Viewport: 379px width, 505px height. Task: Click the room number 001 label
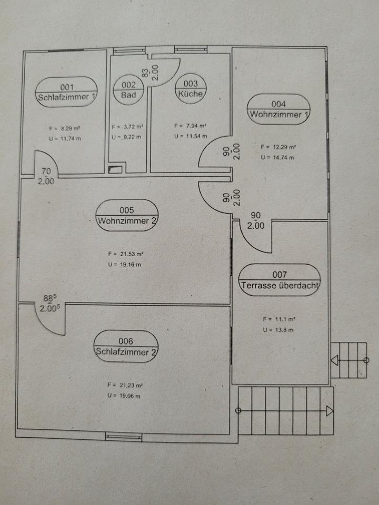click(x=67, y=87)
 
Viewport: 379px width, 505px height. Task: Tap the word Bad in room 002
click(x=128, y=95)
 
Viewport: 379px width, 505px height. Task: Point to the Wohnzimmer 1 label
click(x=279, y=114)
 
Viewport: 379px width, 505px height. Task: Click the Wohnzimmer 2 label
click(x=127, y=221)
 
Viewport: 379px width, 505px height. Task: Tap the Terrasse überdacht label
click(x=280, y=286)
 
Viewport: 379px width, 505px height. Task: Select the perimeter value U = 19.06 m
click(x=124, y=396)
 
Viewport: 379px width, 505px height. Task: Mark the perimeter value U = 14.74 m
click(x=277, y=157)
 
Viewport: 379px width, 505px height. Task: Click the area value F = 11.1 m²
click(x=279, y=319)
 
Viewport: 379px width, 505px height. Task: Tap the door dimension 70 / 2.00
click(x=46, y=176)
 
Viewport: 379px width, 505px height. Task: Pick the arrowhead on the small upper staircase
click(x=334, y=360)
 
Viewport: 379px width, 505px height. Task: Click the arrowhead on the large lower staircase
click(x=330, y=411)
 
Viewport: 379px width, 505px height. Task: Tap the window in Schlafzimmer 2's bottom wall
click(x=123, y=436)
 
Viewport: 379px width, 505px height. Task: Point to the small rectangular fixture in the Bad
click(x=115, y=170)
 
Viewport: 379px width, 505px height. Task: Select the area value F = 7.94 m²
click(x=189, y=126)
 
